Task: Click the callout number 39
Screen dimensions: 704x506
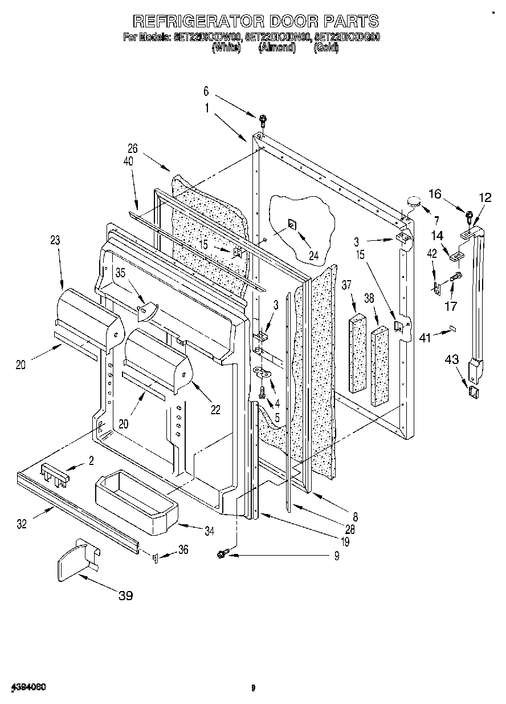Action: tap(125, 596)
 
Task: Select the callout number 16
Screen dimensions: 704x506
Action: tap(435, 194)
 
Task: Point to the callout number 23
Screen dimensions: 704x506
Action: tap(55, 241)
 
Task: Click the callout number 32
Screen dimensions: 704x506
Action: tap(22, 524)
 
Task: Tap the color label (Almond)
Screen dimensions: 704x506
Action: tap(277, 48)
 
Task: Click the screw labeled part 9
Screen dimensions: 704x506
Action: tap(223, 552)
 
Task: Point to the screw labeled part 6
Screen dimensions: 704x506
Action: tap(263, 120)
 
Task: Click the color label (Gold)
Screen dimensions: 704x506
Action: tap(326, 48)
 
